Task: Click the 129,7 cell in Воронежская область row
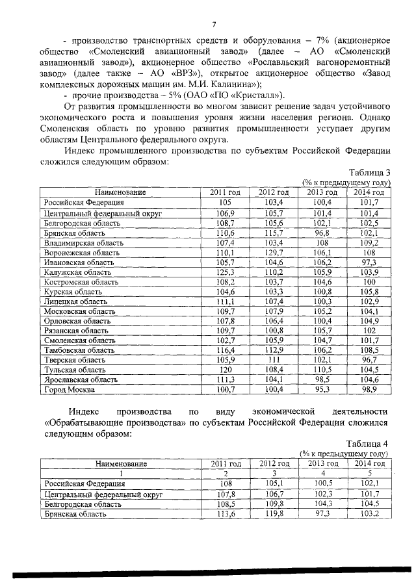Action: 274,251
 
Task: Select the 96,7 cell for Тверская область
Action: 368,359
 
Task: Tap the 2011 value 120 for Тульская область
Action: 226,369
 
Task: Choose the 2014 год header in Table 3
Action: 369,192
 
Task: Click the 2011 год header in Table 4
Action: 226,463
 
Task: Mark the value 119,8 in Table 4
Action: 274,513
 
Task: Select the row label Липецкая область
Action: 73,301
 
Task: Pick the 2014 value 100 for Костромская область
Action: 369,281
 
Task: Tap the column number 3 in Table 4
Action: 274,474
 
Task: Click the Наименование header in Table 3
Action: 120,192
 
